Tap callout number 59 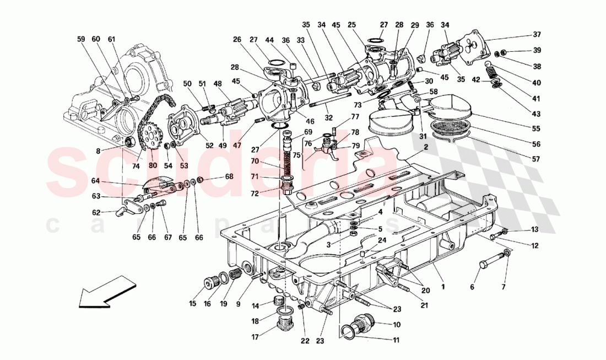tap(81, 39)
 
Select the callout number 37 tap(537, 34)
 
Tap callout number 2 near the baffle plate tap(425, 148)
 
